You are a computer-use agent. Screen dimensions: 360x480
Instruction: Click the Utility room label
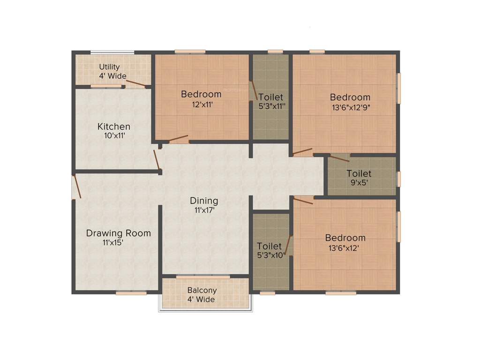point(109,67)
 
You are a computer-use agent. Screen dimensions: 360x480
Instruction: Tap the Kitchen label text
point(114,127)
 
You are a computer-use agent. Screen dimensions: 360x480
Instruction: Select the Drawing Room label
point(119,233)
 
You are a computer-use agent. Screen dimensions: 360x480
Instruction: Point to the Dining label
point(204,201)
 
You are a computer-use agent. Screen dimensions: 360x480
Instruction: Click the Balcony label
point(202,290)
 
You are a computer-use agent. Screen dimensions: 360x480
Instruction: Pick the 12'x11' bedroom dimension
point(201,105)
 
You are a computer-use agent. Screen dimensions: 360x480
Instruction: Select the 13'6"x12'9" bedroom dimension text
point(350,107)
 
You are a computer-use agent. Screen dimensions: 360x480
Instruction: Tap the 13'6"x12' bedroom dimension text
point(345,248)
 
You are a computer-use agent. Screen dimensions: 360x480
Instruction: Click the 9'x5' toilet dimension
point(360,183)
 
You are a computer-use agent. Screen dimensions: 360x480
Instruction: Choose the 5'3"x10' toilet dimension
point(270,255)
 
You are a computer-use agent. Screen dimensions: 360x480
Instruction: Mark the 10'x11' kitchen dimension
point(114,136)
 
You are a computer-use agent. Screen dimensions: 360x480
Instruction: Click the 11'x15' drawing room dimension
point(112,242)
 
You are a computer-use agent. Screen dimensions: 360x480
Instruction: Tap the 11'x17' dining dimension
point(204,210)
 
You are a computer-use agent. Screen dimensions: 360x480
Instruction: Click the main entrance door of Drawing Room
point(76,187)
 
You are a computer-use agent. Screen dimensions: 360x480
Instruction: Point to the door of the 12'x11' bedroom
point(179,139)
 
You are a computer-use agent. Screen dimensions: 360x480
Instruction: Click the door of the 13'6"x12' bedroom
point(303,201)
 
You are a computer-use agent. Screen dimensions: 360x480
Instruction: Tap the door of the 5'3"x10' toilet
point(288,245)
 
